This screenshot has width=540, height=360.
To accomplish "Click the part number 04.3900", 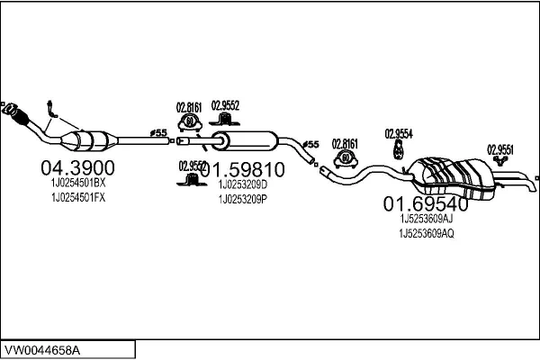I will [78, 167].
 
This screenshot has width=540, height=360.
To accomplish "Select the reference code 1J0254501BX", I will [78, 183].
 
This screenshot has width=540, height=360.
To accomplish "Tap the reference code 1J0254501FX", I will [78, 198].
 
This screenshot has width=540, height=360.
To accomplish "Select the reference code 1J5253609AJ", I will [427, 217].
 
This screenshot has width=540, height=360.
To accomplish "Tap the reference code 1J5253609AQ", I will [427, 233].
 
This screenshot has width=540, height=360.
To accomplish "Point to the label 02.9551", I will [501, 149].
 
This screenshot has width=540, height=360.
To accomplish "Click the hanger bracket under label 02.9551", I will [498, 164].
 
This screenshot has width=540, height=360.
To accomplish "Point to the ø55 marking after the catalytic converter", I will [158, 133].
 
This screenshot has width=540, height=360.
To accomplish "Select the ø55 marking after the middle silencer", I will [310, 144].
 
